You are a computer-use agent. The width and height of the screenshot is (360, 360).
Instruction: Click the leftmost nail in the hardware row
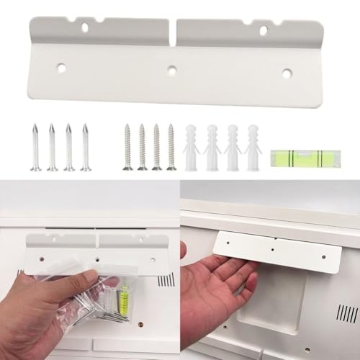pyautogui.click(x=35, y=148)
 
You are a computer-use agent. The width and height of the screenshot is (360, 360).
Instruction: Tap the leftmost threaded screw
pyautogui.click(x=127, y=148)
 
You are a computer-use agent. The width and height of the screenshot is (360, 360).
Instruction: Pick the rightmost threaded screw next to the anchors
pyautogui.click(x=171, y=148)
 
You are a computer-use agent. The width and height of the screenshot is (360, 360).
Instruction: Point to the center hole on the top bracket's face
pyautogui.click(x=171, y=71)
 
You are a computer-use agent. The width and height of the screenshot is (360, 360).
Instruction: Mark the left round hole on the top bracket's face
pyautogui.click(x=61, y=68)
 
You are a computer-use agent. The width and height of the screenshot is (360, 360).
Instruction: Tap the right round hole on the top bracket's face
pyautogui.click(x=287, y=73)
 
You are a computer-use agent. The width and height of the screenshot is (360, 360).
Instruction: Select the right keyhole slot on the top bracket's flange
pyautogui.click(x=263, y=30)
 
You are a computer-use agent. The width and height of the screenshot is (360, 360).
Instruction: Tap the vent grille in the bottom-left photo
pyautogui.click(x=165, y=279)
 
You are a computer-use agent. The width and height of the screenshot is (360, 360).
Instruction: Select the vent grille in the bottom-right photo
pyautogui.click(x=346, y=313)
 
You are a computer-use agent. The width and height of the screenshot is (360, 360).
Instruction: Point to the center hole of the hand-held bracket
pyautogui.click(x=273, y=251)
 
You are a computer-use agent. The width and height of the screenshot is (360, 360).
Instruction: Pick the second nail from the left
pyautogui.click(x=52, y=148)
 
